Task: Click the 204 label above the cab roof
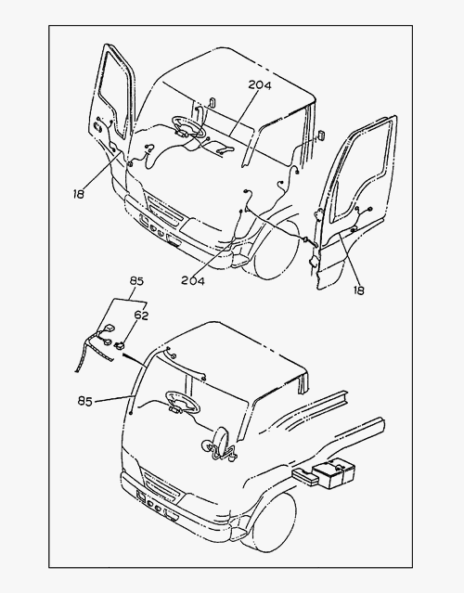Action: coord(260,85)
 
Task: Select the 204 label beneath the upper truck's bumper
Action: coord(193,280)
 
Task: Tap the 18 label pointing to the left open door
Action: coord(79,194)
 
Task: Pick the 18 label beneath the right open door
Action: coord(358,290)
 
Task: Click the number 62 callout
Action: coord(141,315)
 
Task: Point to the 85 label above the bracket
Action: coord(136,281)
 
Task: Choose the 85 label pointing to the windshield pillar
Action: coord(85,401)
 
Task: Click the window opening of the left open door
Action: coord(113,93)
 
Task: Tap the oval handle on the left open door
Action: coord(97,127)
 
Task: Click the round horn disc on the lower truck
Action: coord(220,442)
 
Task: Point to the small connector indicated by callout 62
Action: coord(120,345)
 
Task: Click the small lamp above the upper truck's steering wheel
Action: coord(213,102)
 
